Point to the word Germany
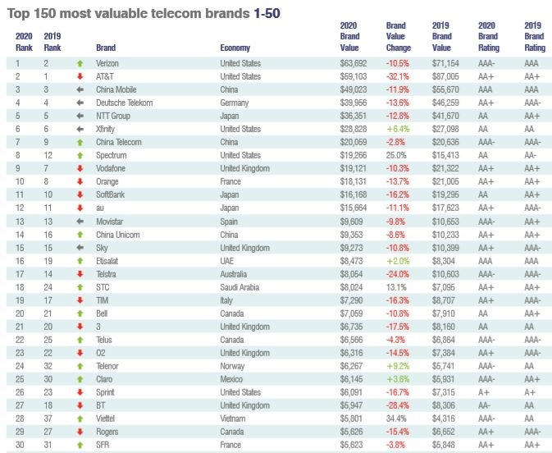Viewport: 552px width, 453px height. [x=235, y=103]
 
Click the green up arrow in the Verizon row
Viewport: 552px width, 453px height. [x=80, y=62]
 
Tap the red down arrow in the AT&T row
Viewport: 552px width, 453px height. [x=80, y=76]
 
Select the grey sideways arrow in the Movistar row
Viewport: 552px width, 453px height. [x=80, y=221]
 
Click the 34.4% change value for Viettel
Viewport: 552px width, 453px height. [x=397, y=418]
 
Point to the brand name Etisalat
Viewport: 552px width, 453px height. [x=110, y=260]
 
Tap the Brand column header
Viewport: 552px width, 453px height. [x=106, y=48]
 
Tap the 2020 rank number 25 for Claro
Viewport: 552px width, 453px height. [x=21, y=378]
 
